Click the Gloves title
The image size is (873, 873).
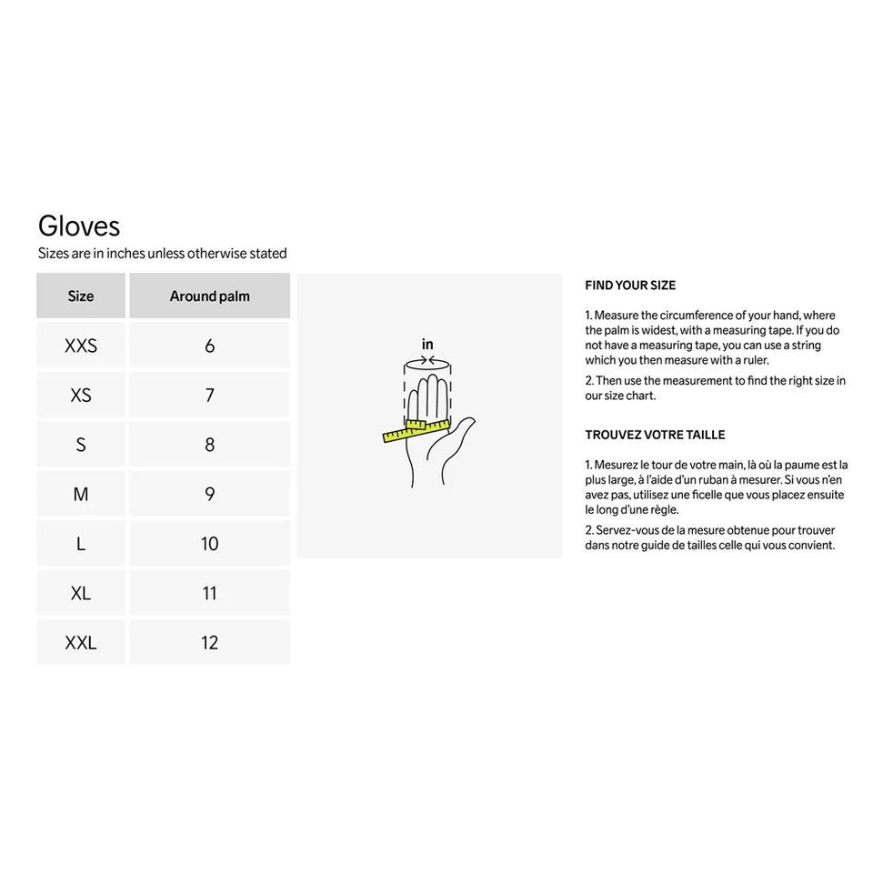pos(79,226)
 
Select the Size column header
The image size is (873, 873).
pos(81,296)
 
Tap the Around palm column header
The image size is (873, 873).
pos(209,296)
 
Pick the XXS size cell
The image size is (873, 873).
pos(81,346)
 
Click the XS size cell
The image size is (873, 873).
pos(81,396)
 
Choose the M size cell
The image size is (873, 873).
pos(81,495)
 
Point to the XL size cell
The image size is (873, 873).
pos(81,593)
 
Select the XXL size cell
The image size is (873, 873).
pos(81,643)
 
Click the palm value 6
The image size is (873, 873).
pos(209,346)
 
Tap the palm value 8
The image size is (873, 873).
pos(209,445)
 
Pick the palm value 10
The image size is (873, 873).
pos(209,544)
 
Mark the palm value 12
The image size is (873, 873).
pos(209,643)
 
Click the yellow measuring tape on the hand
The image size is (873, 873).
pos(416,429)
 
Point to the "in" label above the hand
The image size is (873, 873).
pos(427,345)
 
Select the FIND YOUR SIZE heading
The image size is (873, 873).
pos(630,286)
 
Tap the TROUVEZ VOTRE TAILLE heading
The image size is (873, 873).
pos(655,435)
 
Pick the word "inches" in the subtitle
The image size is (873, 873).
pos(125,254)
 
